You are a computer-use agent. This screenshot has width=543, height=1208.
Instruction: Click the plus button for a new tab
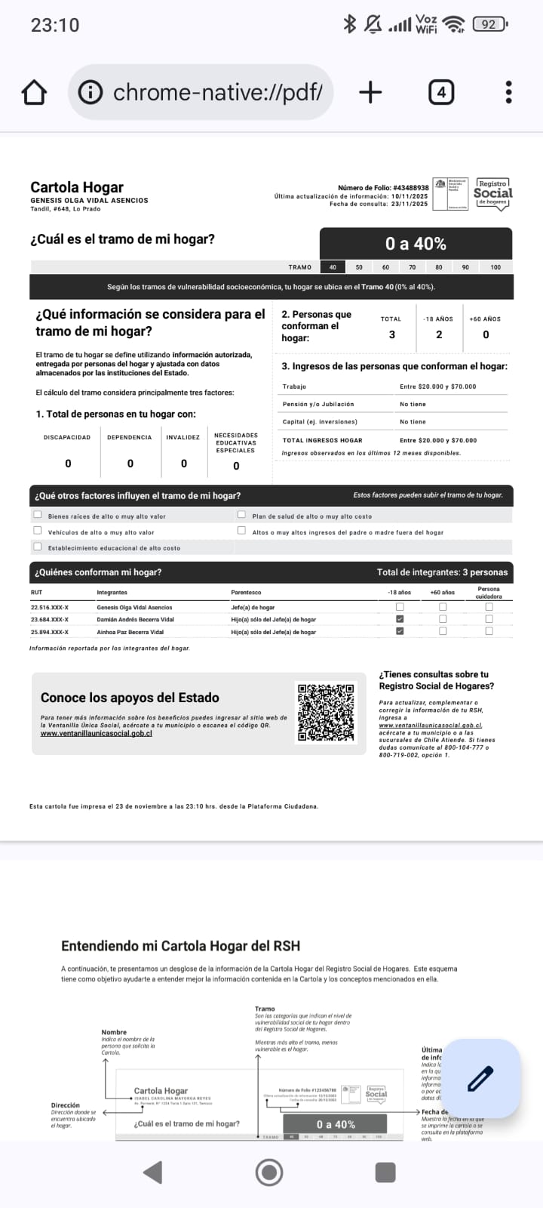pos(370,93)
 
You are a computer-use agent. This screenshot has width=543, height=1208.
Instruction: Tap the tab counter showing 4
pos(441,93)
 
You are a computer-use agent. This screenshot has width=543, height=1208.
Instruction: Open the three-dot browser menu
pos(509,93)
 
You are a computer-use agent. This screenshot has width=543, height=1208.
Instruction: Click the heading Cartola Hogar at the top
pos(77,187)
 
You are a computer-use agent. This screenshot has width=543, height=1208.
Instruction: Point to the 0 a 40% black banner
pos(416,244)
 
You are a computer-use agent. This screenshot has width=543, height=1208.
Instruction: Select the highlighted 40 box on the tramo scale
pos(333,267)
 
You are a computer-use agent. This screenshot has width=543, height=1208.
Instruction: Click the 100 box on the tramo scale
pos(495,267)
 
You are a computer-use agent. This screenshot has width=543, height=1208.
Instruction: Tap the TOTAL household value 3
pos(391,334)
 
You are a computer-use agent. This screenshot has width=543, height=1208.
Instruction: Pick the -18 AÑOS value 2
pos(439,334)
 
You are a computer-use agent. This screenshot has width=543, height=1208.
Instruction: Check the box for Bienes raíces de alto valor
pos(38,515)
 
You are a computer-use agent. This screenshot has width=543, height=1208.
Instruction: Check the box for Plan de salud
pos(241,515)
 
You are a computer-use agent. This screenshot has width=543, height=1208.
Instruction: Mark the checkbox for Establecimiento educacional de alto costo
pos(38,547)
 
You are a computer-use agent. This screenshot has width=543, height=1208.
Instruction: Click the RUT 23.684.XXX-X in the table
pos(50,620)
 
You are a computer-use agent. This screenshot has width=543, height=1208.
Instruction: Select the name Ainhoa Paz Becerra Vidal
pos(130,632)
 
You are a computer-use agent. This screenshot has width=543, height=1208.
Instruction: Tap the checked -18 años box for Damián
pos(400,619)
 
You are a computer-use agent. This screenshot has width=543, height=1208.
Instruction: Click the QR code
pos(326,712)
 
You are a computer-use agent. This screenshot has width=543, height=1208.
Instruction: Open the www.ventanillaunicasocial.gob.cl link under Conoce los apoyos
pos(97,733)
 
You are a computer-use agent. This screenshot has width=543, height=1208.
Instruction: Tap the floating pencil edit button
pos(480,1078)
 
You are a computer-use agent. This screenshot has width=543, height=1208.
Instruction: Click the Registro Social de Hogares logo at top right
pos(493,194)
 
